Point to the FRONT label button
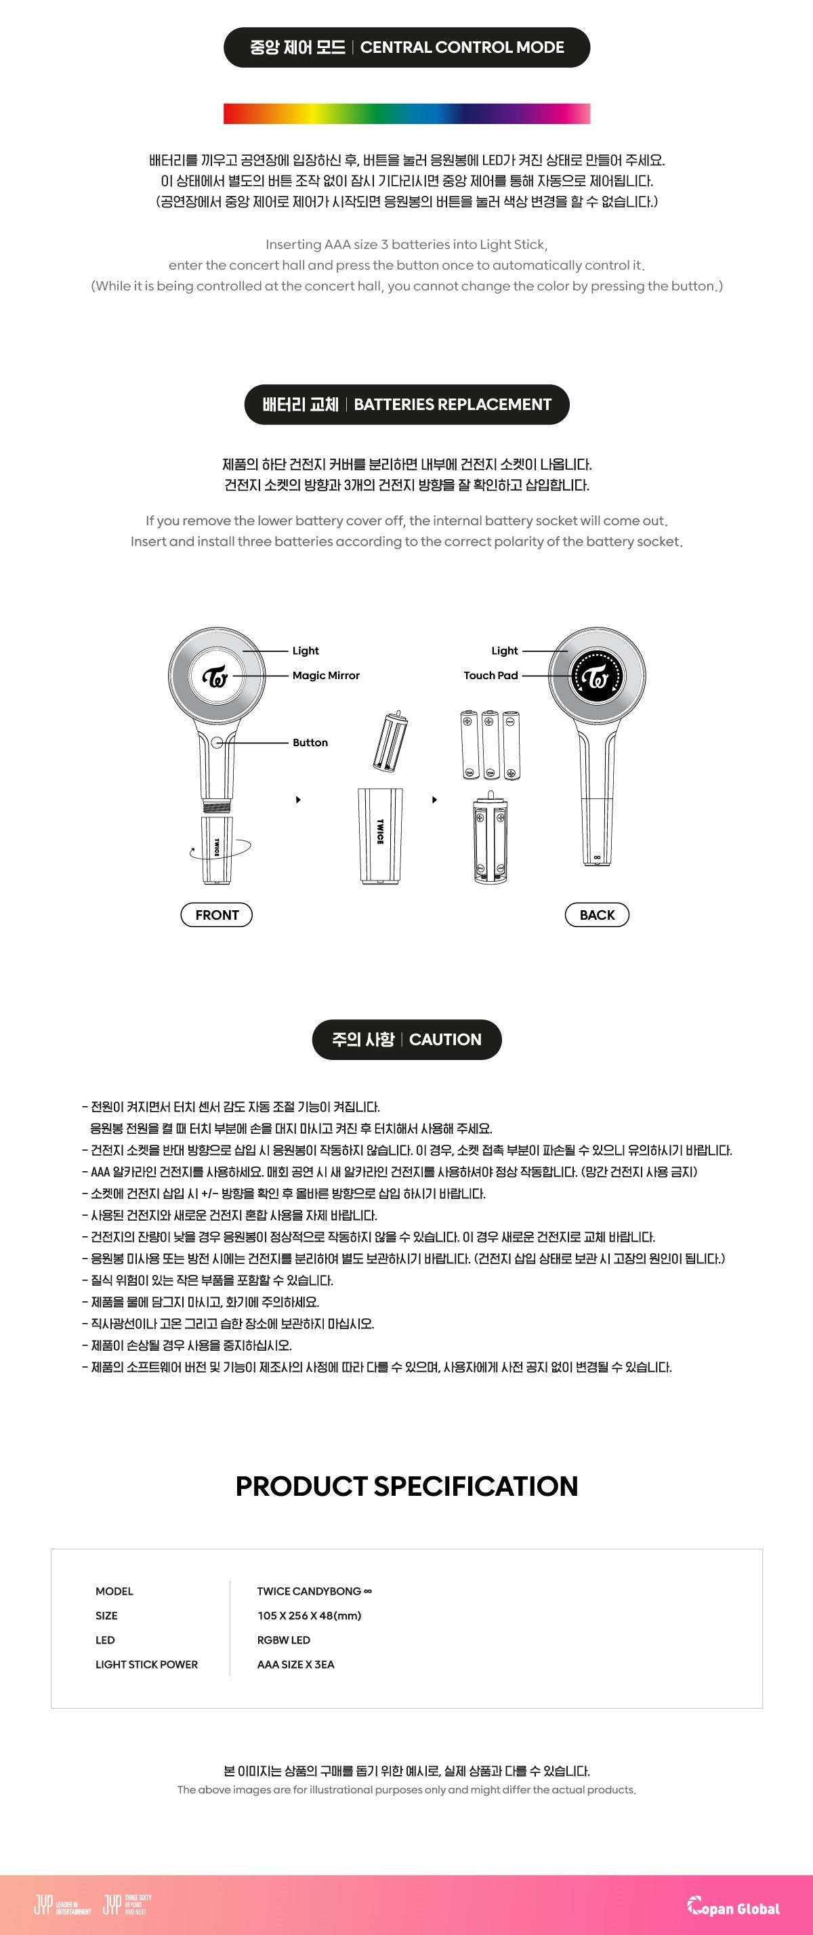coord(216,914)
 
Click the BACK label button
coord(597,914)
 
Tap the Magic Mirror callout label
coord(326,675)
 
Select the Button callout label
coord(310,742)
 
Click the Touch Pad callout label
coord(491,675)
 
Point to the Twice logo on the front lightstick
coord(216,676)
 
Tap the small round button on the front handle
coord(217,742)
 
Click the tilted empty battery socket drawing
coord(390,741)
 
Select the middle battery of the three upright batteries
coord(491,744)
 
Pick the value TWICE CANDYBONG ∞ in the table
coord(314,1591)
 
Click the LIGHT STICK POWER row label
coord(146,1664)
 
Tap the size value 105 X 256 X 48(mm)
coord(308,1615)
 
